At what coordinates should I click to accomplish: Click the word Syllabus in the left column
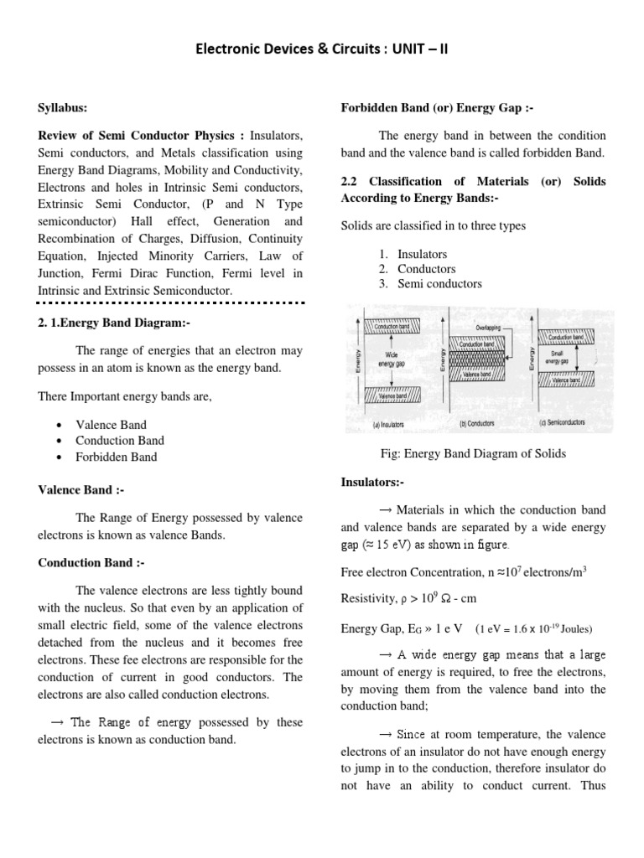[63, 108]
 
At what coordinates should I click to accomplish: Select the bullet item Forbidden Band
[116, 457]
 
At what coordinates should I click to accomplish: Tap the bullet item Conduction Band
[119, 441]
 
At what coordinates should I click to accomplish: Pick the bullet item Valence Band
[110, 425]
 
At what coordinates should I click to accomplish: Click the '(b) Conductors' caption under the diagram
[476, 424]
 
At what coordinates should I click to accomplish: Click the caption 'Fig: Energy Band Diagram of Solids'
[474, 453]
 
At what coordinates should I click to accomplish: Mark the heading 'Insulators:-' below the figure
[372, 483]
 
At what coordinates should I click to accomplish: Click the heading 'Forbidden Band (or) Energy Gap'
[437, 108]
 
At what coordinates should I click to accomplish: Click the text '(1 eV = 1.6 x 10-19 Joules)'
[538, 628]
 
